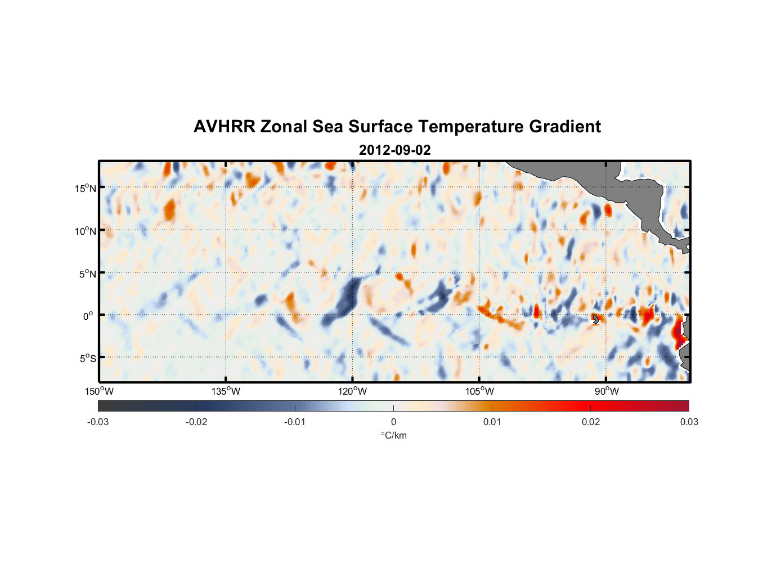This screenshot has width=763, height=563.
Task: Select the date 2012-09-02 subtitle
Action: tap(394, 150)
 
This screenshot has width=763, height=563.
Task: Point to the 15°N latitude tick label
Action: tap(85, 188)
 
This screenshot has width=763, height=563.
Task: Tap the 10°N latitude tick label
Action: tap(85, 231)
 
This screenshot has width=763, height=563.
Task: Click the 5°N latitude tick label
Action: tap(87, 274)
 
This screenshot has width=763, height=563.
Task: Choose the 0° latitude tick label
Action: tap(88, 316)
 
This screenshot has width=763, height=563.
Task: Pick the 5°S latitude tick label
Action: tap(87, 359)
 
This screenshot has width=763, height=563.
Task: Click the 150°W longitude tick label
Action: tap(99, 391)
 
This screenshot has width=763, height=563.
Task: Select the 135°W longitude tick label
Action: tap(226, 391)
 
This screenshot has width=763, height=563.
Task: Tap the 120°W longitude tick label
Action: tap(352, 391)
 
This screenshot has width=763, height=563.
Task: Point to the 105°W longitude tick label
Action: tap(479, 391)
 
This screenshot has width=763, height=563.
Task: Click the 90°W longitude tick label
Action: tap(606, 391)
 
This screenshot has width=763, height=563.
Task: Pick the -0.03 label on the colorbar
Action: tap(98, 422)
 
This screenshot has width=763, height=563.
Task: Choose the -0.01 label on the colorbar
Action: tap(295, 422)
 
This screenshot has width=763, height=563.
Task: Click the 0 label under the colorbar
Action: tap(393, 422)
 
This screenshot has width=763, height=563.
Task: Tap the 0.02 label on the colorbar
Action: tap(591, 422)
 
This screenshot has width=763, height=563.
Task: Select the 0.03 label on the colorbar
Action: tap(689, 422)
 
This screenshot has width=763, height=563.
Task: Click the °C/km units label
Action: tap(393, 435)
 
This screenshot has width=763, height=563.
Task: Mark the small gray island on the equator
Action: tap(596, 319)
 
